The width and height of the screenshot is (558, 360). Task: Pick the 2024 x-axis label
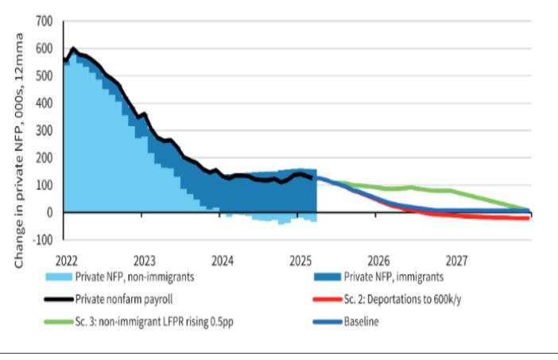click(223, 260)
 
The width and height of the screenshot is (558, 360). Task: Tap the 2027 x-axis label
click(457, 260)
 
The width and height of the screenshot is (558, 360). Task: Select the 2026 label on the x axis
click(378, 260)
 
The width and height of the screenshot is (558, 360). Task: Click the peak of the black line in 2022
click(74, 48)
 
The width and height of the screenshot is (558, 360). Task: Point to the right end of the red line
click(529, 219)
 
